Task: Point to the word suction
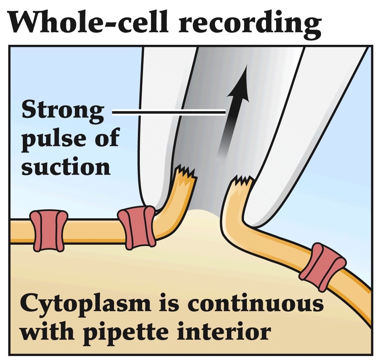point(66,166)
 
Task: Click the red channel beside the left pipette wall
point(137,227)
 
